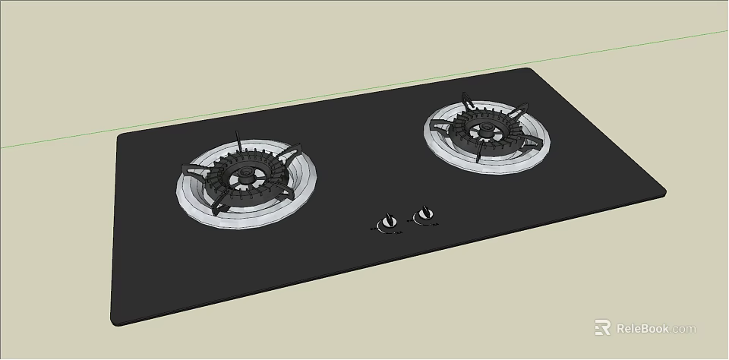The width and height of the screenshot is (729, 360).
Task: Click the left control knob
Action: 390,221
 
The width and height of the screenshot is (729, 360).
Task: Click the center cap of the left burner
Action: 245,176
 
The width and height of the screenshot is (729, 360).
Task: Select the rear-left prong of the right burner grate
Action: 466,99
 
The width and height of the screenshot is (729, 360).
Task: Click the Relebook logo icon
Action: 603,328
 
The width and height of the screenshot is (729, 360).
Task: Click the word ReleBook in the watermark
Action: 642,329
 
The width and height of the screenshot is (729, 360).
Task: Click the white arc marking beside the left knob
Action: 387,230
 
